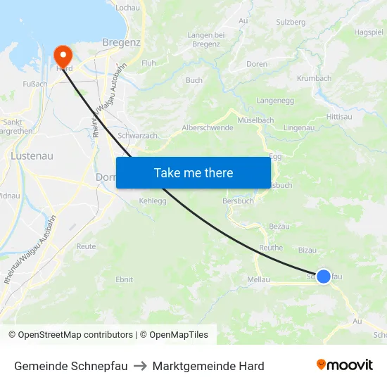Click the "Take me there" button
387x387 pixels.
(x=193, y=172)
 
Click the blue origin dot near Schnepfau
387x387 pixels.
(x=323, y=277)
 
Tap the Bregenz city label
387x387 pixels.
(x=122, y=42)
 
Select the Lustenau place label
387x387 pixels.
(x=29, y=155)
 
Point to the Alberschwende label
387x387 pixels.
(x=208, y=127)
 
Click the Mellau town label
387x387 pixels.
(x=260, y=279)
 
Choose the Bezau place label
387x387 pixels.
(x=280, y=226)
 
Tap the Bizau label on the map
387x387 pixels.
(x=307, y=249)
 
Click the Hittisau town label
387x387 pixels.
(x=339, y=116)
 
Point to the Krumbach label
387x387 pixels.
(x=314, y=78)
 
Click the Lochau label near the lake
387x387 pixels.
(x=127, y=7)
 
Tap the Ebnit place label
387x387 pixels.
(x=124, y=279)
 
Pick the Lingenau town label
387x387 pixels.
(x=298, y=127)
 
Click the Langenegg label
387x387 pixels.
(x=274, y=101)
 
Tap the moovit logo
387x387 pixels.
(x=344, y=364)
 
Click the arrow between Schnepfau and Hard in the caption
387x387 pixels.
(x=139, y=366)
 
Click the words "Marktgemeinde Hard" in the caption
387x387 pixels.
(x=208, y=366)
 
